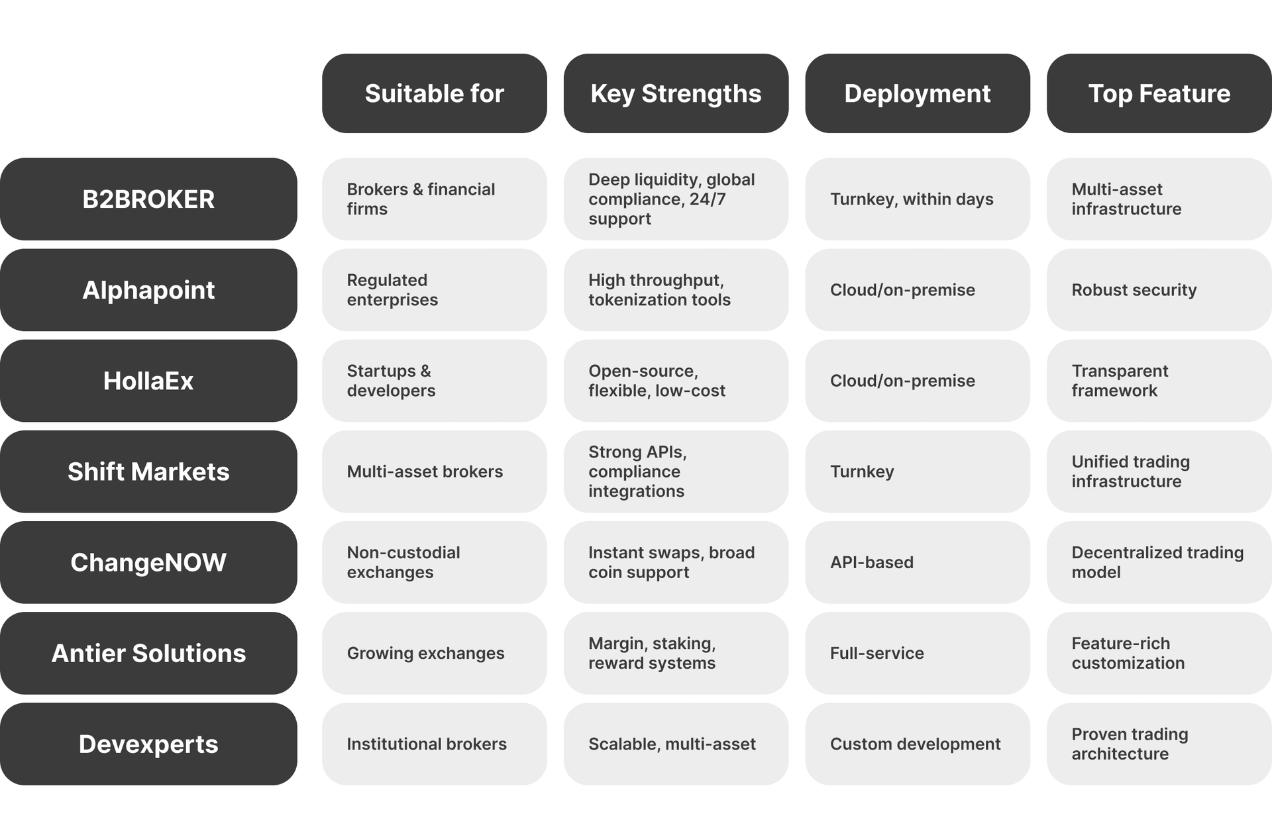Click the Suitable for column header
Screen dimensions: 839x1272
click(x=434, y=93)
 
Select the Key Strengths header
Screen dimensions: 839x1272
click(x=676, y=93)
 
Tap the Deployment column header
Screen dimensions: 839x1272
click(x=918, y=93)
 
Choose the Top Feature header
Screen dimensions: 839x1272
click(x=1159, y=93)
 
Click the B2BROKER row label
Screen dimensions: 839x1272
click(x=148, y=199)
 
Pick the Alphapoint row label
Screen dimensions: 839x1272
click(x=148, y=290)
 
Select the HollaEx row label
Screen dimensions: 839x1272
click(x=148, y=381)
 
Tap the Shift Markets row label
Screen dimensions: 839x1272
click(x=148, y=471)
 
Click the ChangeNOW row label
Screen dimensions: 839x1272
click(x=148, y=562)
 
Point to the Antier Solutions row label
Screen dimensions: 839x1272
click(x=148, y=653)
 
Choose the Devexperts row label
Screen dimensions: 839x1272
click(x=148, y=744)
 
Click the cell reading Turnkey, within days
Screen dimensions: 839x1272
click(x=918, y=199)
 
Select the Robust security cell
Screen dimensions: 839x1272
click(x=1159, y=290)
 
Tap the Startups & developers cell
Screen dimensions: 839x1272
click(x=434, y=381)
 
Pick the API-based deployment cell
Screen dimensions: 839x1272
click(x=918, y=562)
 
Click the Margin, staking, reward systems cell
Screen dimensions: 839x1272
click(x=676, y=653)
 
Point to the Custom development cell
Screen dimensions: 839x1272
click(x=918, y=744)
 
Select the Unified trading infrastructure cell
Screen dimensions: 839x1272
click(x=1159, y=471)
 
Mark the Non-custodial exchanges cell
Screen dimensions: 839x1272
click(x=434, y=562)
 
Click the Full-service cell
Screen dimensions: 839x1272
click(x=918, y=653)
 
